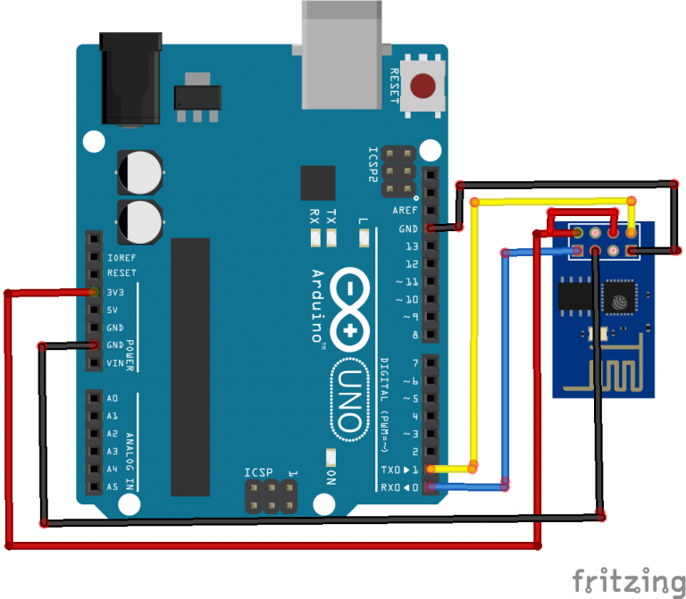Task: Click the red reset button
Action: pos(422,86)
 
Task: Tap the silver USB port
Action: pos(342,54)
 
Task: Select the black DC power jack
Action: pos(130,79)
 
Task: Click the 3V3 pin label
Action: pos(115,292)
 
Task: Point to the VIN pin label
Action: pos(115,363)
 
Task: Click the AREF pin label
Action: pos(405,211)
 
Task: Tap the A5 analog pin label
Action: pos(113,487)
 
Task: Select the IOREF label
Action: pos(121,257)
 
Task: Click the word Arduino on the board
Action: pos(319,306)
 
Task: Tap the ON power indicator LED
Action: pos(331,457)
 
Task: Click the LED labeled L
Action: pos(364,238)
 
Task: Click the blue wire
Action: pos(506,370)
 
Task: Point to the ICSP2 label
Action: pos(372,164)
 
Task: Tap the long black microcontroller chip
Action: pos(190,367)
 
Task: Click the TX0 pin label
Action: pos(390,470)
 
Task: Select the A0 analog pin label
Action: pos(113,398)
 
